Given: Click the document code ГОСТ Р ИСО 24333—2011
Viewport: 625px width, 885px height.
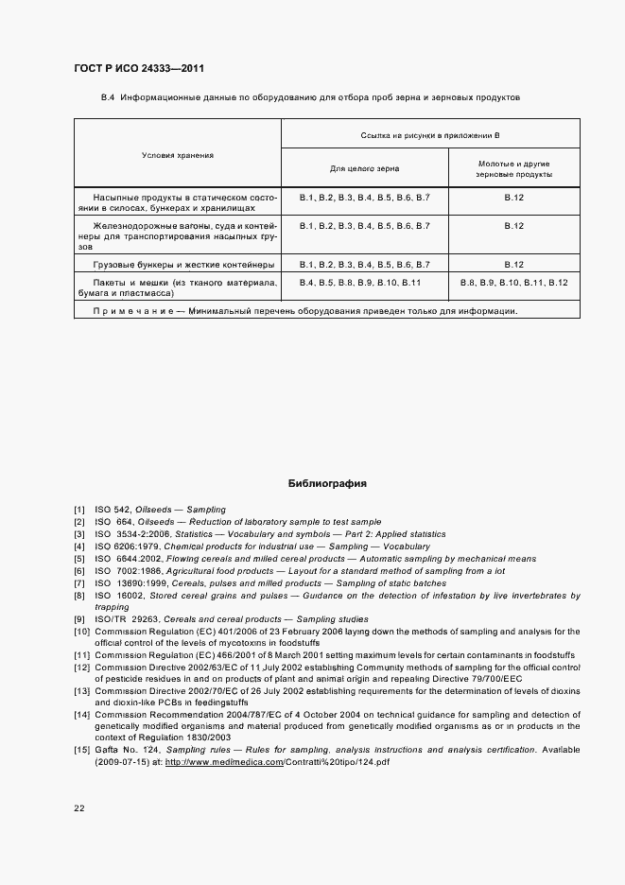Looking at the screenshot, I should (138, 69).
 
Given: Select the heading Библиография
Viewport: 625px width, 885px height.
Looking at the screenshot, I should (327, 484).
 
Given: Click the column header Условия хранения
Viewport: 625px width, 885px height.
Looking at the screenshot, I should (178, 155).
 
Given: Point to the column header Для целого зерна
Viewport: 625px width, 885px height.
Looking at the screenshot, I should (364, 168).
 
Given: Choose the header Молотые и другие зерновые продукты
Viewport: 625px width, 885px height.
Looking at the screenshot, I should (513, 168).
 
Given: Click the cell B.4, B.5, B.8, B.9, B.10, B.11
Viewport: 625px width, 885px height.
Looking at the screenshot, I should (359, 283).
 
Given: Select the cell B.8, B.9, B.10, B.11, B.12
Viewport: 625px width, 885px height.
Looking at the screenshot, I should (513, 283).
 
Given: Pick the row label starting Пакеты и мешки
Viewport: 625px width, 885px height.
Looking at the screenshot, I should (177, 288).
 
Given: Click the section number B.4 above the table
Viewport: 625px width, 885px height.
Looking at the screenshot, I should (108, 97).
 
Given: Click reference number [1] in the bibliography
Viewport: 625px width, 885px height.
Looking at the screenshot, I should (79, 510).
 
